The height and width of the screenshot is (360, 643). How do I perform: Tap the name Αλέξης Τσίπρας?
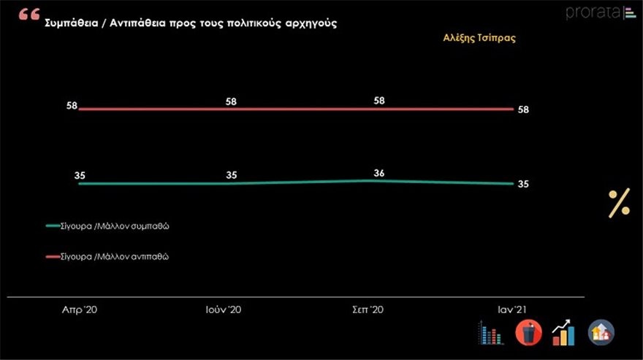[x=479, y=39]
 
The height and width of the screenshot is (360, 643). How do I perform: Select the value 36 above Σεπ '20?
[x=379, y=173]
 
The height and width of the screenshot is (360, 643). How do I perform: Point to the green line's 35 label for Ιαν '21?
[x=523, y=184]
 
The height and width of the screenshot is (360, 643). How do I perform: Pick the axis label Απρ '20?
[x=80, y=310]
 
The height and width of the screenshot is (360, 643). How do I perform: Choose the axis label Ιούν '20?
[x=223, y=310]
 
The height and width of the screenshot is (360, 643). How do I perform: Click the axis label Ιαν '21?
[x=509, y=310]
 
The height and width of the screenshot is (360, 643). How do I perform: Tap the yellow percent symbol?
[x=619, y=202]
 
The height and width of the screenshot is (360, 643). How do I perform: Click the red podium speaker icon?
[x=528, y=333]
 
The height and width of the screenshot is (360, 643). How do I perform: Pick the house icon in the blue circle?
[x=601, y=333]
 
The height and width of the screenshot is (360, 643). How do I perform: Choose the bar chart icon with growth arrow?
[x=563, y=333]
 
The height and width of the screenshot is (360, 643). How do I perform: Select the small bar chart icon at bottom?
[x=491, y=333]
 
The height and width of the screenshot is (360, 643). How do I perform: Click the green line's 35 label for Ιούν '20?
[x=231, y=175]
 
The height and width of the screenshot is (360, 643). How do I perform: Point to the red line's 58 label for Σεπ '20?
[x=379, y=101]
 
